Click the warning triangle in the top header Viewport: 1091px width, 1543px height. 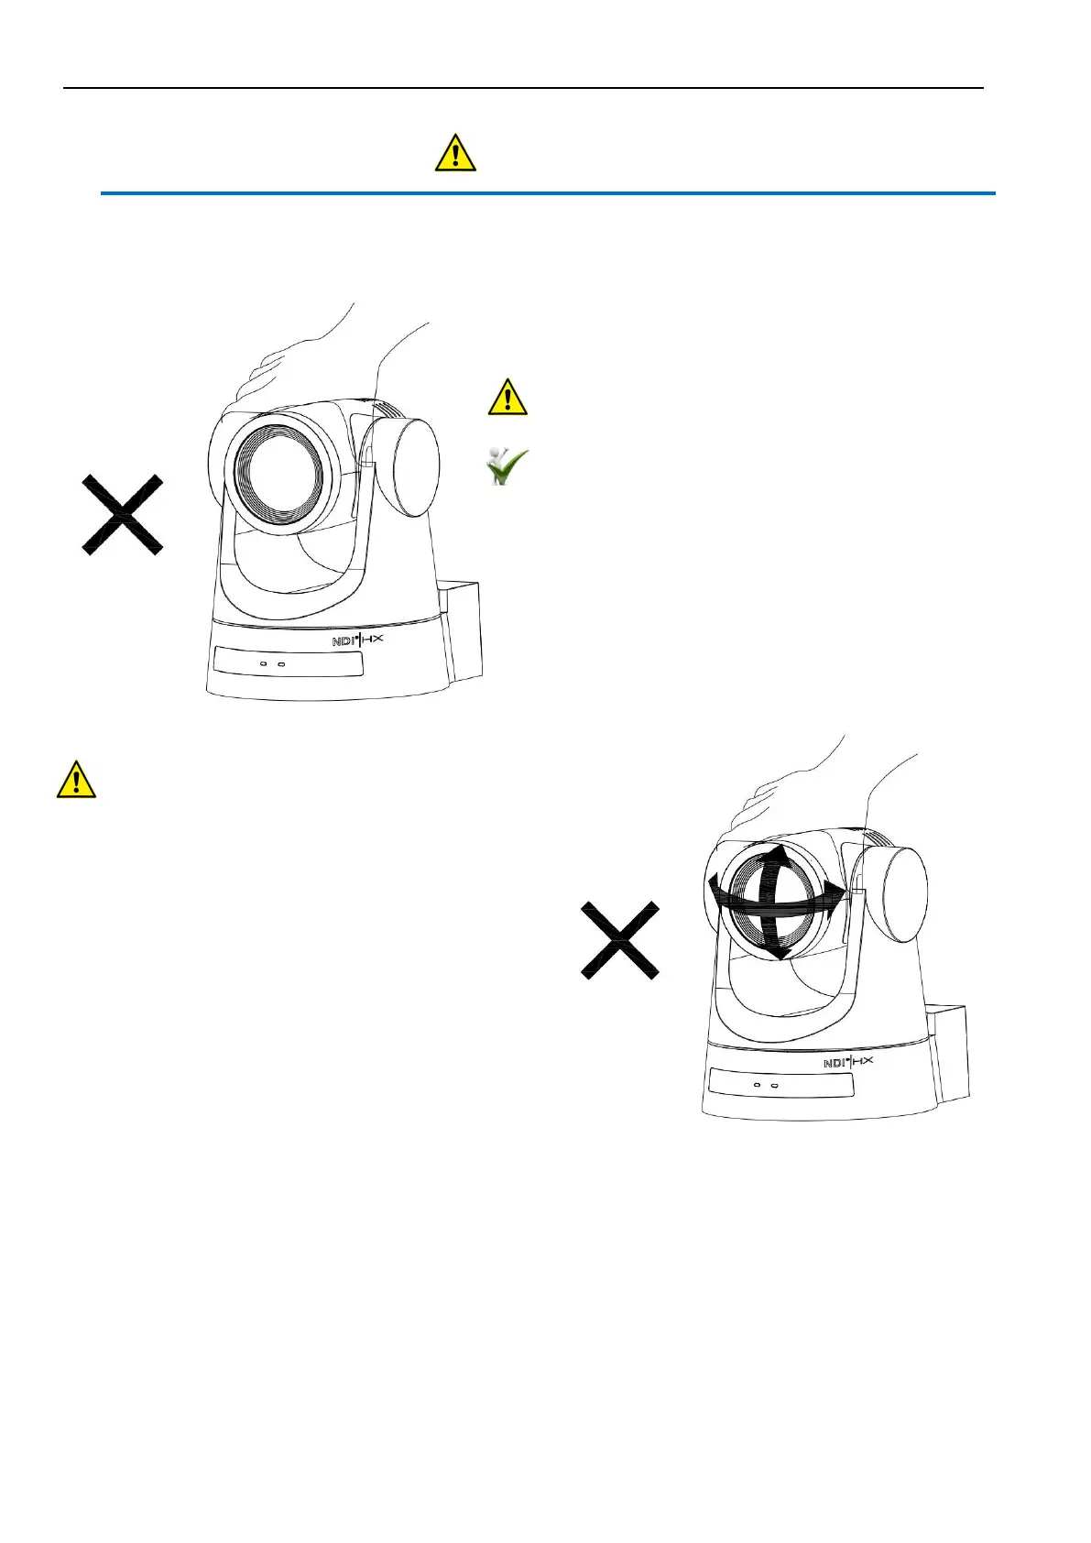[455, 153]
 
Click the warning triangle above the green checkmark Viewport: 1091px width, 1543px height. [507, 397]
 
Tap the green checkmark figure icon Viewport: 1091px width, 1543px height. [507, 466]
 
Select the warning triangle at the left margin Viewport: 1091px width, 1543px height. [76, 780]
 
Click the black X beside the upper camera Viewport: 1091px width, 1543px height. [122, 514]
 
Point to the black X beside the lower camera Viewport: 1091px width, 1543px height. [620, 940]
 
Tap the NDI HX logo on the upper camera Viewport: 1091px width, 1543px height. [357, 640]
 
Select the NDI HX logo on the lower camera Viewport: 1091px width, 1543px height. [848, 1062]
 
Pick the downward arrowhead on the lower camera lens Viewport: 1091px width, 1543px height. [777, 952]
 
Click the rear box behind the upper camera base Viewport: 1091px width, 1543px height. [464, 631]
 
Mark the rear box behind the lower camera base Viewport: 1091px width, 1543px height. [950, 1053]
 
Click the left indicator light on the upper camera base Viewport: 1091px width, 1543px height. [264, 662]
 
